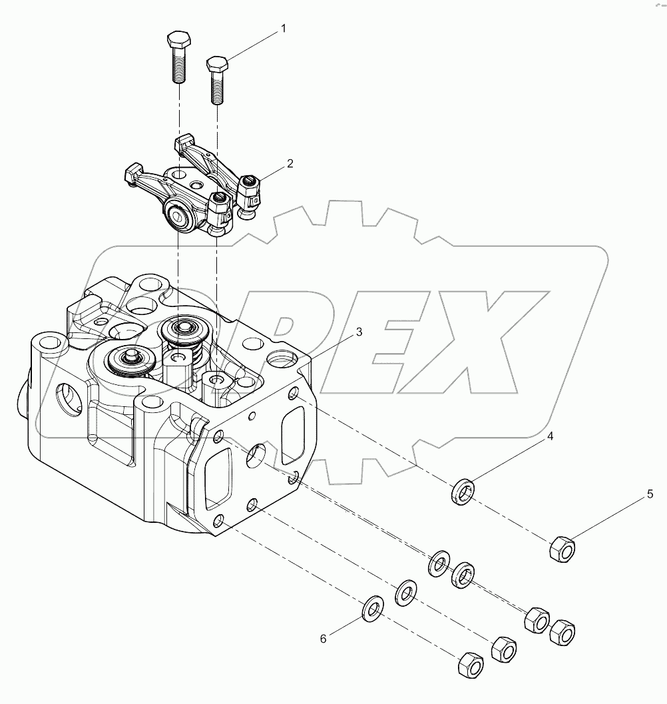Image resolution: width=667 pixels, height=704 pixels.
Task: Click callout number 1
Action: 283,29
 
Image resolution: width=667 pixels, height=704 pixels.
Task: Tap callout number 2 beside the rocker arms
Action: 290,163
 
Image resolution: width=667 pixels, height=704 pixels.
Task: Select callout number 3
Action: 359,332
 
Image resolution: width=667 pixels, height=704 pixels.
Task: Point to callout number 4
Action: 551,437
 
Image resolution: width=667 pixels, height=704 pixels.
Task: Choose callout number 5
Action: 650,495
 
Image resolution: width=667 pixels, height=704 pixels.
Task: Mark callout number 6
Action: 324,639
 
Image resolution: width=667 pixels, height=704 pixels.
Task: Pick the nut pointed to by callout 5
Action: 563,549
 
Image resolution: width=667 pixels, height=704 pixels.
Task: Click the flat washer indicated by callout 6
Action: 373,607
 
